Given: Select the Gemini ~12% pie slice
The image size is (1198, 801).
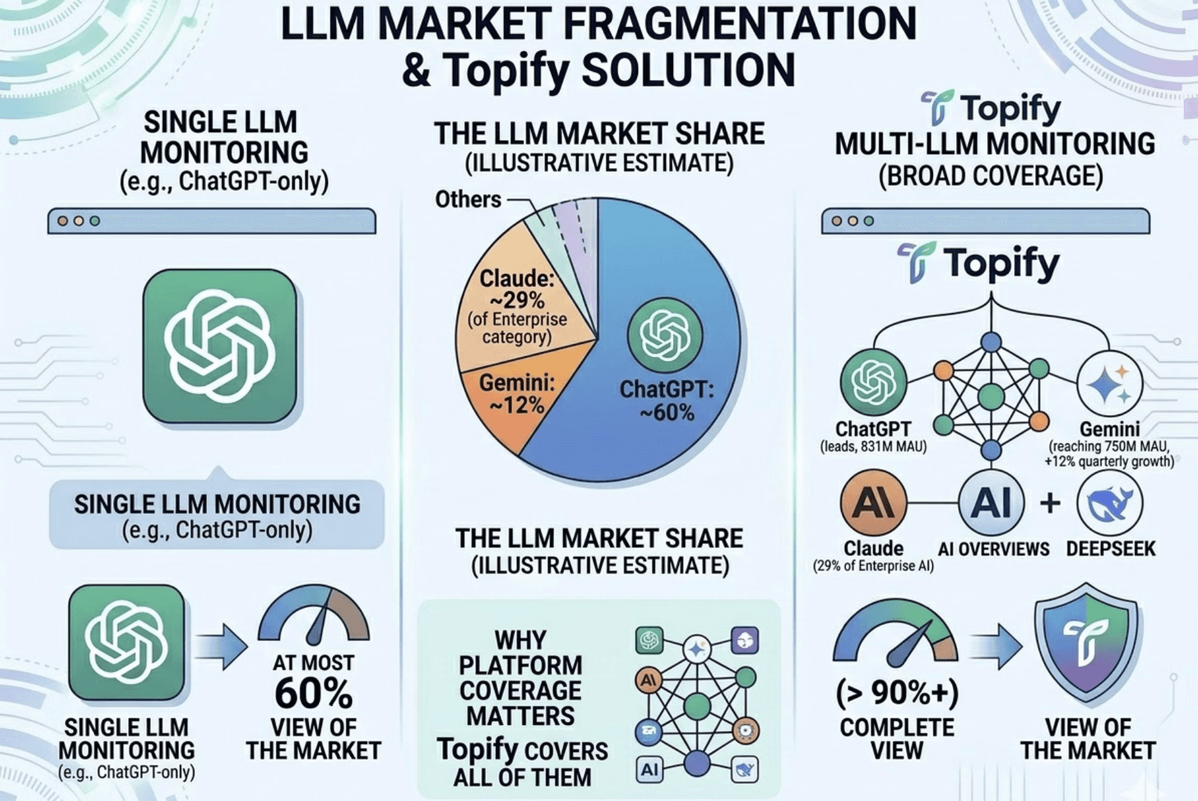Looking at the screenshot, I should click(x=509, y=403).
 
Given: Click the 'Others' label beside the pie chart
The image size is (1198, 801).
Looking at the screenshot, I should click(x=468, y=199).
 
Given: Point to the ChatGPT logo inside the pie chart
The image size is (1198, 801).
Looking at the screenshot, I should click(x=664, y=334).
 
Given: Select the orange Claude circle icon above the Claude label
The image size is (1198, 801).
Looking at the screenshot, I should click(x=873, y=503).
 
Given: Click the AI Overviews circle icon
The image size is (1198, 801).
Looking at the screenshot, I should click(x=990, y=503).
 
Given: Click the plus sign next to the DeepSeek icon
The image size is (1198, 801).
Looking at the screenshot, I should click(x=1050, y=503).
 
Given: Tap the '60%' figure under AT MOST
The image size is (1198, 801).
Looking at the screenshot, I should click(x=313, y=694).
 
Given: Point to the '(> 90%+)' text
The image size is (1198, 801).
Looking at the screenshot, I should click(x=897, y=693).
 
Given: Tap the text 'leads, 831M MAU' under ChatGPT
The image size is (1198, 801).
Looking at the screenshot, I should click(x=873, y=447).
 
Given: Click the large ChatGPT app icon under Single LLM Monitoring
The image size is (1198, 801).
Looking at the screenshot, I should click(x=220, y=346).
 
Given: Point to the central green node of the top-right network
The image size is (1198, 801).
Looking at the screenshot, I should click(x=990, y=397).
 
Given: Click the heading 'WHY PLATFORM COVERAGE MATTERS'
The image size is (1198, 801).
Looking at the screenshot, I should click(x=520, y=677).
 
